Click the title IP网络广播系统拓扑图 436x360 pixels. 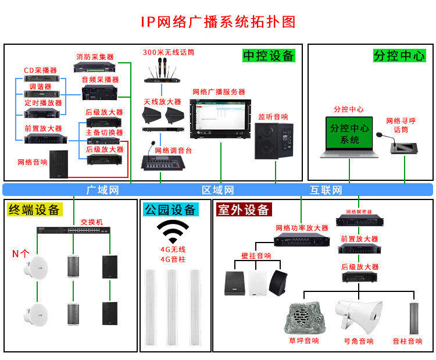tap(218, 22)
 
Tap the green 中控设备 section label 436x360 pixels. tap(269, 55)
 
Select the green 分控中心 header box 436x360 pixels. tap(399, 55)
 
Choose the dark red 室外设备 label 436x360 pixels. tap(244, 209)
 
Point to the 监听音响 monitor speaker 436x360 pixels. tap(274, 141)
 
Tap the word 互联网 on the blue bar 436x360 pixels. tap(326, 190)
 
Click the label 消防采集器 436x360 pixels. tap(95, 57)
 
